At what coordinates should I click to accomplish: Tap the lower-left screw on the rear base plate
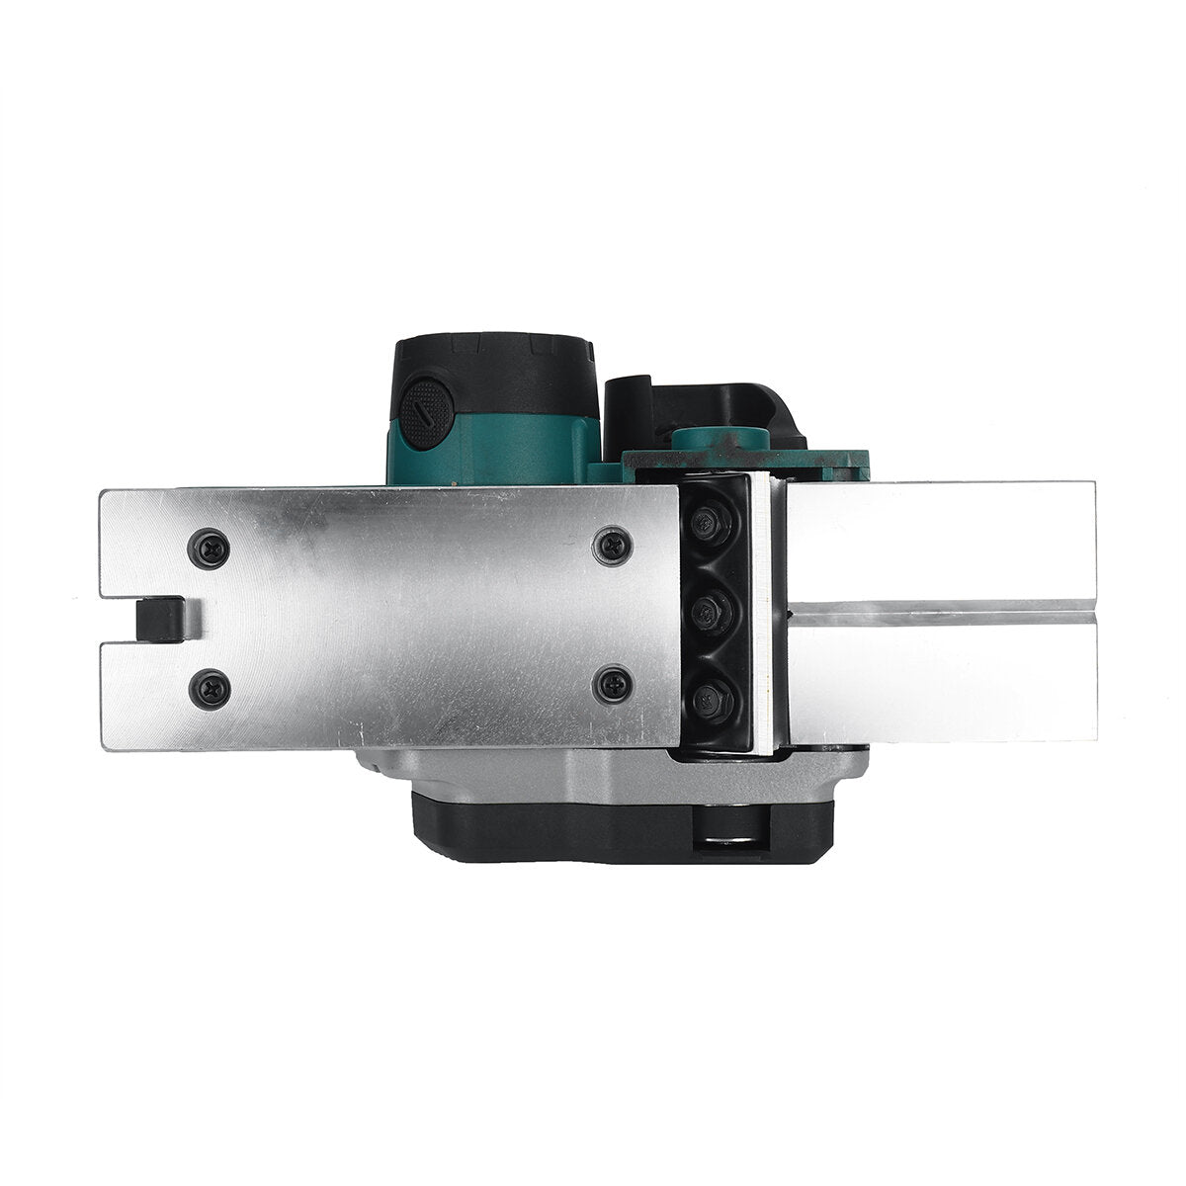tap(211, 680)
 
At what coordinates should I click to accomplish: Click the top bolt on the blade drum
tap(709, 525)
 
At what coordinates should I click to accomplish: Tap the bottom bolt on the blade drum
tap(709, 698)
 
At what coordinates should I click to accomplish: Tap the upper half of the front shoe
tap(939, 544)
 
